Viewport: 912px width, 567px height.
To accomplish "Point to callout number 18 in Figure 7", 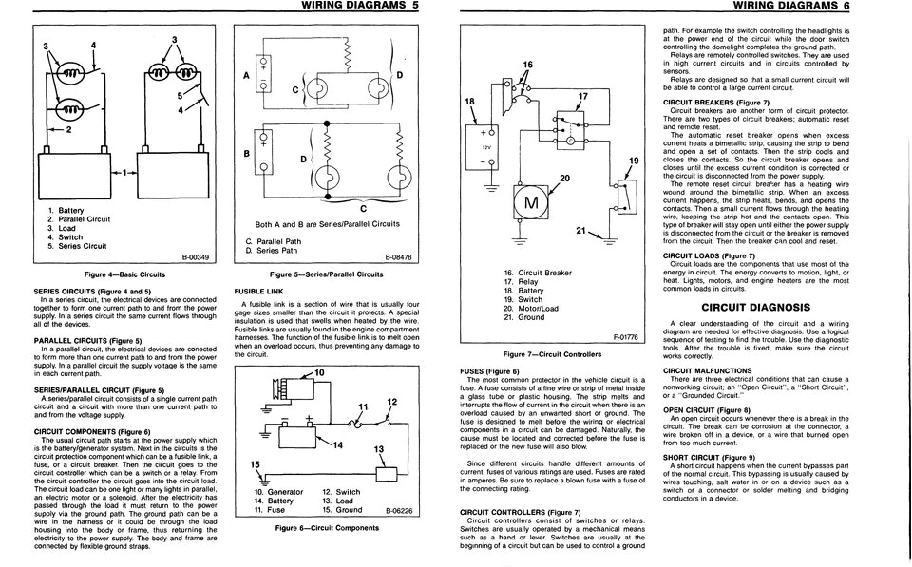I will (469, 101).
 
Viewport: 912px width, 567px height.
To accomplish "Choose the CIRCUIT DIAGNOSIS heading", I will (754, 308).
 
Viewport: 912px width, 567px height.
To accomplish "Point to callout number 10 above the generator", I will (319, 371).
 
